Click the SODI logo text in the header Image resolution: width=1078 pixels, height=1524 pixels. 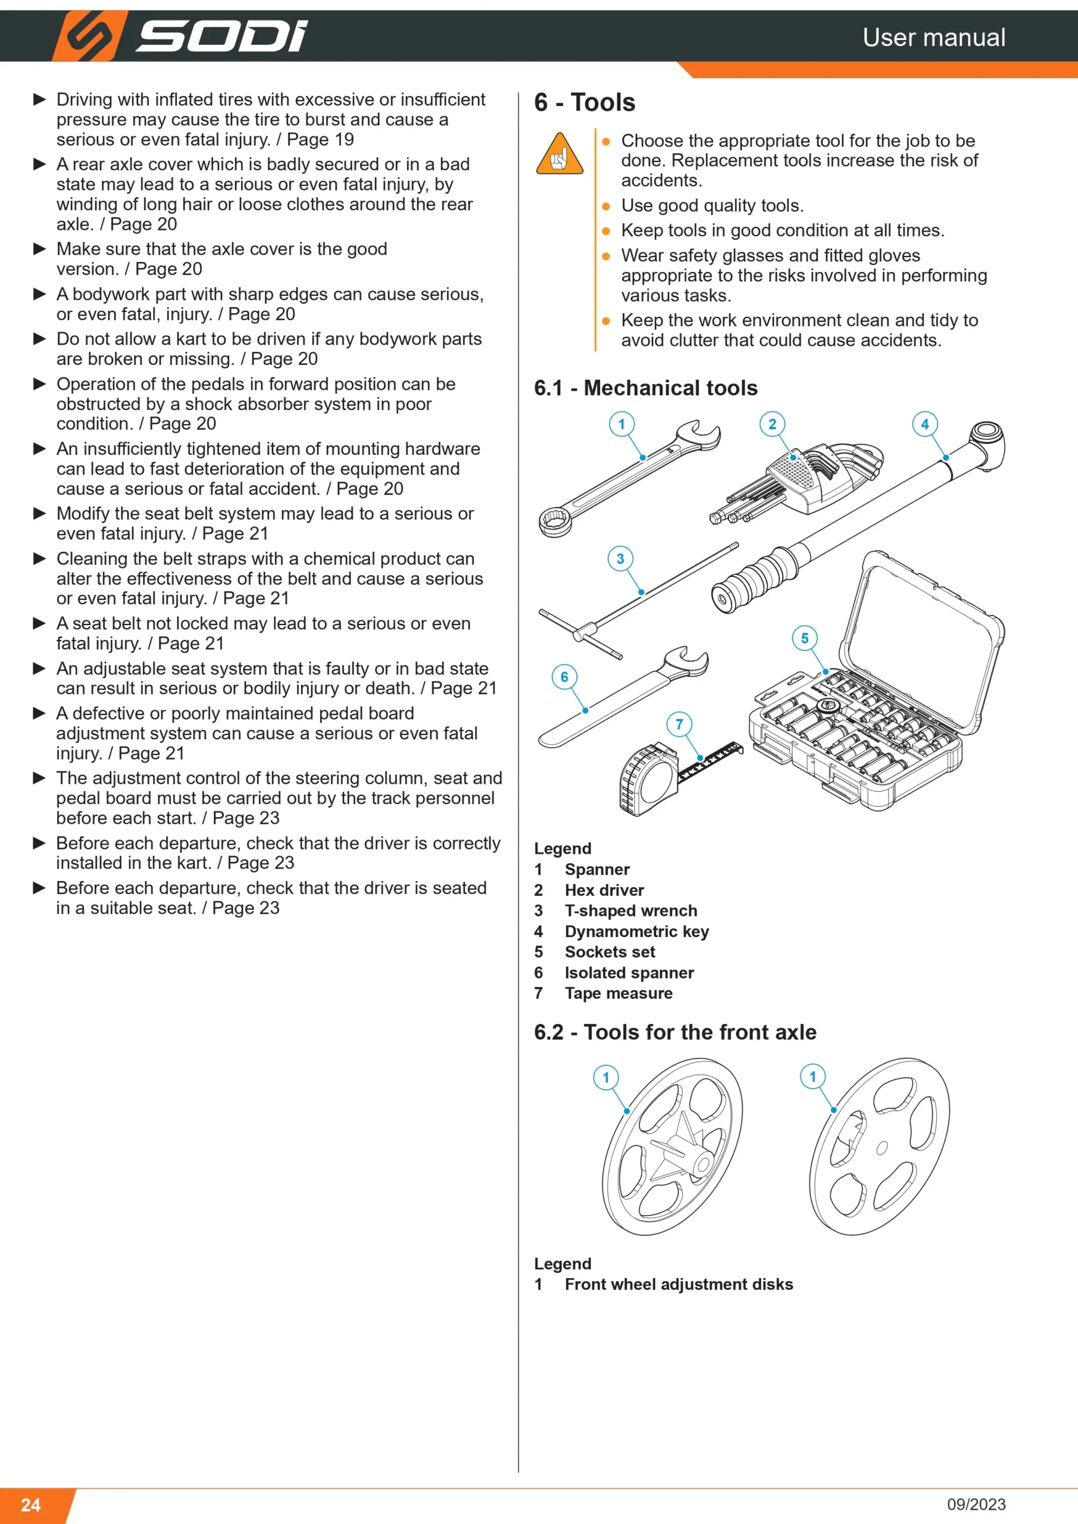coord(221,36)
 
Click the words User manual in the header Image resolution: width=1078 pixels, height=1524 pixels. coord(934,37)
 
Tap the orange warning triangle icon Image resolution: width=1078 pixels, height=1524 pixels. coord(560,154)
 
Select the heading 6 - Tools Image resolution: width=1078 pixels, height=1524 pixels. coord(584,103)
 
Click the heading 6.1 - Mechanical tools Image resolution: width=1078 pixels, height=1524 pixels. coord(645,388)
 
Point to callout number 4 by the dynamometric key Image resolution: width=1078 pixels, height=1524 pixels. coord(924,424)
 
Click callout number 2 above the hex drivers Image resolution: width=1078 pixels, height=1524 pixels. coord(772,424)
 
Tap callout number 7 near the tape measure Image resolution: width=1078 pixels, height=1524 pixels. coord(679,724)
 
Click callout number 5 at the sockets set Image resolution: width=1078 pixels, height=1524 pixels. coord(805,639)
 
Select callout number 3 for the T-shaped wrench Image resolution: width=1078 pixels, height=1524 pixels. coord(620,559)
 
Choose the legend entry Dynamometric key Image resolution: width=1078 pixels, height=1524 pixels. coord(636,931)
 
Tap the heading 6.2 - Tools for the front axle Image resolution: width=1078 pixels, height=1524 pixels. coord(675,1032)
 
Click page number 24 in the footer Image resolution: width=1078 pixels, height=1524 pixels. coord(30,1505)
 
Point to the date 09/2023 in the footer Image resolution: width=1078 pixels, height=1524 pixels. coord(976,1504)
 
